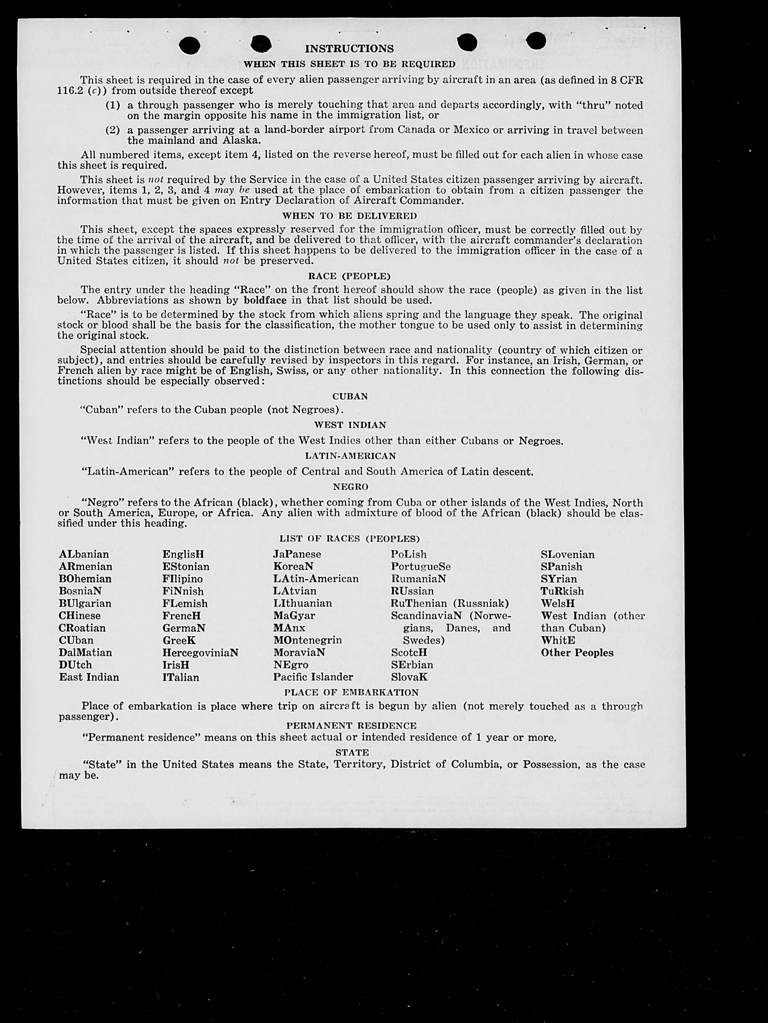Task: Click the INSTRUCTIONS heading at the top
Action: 349,49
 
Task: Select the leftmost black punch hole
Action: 189,45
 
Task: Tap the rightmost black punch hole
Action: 535,41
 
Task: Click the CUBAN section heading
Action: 350,396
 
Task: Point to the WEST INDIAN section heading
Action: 350,424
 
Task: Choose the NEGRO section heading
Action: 350,487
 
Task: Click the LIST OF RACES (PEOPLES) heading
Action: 349,539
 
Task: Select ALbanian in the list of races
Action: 84,554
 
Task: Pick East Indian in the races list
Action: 89,677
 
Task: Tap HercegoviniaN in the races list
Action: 200,653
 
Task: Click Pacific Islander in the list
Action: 313,677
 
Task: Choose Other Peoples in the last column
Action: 577,653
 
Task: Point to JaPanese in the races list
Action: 297,554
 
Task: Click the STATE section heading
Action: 352,752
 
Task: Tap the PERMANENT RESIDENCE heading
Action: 351,726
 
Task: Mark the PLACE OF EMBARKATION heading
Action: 351,692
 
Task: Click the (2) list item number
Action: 112,130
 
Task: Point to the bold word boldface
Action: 265,301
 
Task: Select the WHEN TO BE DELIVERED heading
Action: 349,216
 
